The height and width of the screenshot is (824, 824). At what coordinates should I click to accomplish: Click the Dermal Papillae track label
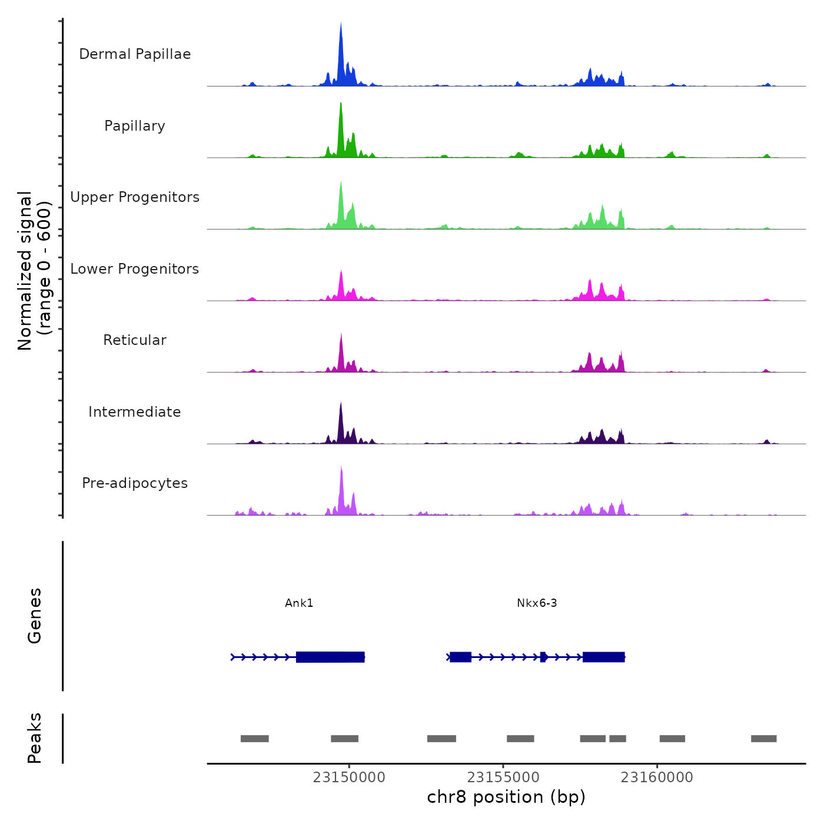135,54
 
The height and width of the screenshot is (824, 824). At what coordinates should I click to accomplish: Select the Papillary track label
135,126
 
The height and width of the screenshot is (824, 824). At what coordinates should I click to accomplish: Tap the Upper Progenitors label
135,197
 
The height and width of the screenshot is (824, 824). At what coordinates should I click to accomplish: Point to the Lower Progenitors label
135,269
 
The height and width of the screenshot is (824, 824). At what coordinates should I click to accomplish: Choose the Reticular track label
135,340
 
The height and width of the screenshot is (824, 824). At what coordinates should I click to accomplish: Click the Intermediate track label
135,412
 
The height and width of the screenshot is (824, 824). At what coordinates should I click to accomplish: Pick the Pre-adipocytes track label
135,483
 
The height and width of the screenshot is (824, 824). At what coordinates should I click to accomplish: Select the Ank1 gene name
299,603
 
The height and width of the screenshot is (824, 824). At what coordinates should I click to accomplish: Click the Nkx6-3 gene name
537,603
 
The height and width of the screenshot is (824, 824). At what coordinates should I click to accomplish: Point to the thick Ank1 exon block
330,657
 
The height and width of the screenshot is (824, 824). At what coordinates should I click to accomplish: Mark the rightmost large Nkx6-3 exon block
603,657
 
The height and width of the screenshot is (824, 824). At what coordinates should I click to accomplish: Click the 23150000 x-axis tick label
349,778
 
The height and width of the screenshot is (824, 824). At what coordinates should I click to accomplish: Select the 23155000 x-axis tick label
503,778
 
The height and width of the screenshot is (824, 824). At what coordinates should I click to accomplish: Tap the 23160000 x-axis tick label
657,778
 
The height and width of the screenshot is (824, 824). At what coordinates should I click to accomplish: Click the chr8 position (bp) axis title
506,797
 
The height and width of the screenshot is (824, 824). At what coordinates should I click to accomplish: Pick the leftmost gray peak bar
254,739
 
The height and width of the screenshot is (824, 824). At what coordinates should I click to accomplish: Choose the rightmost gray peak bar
763,739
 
